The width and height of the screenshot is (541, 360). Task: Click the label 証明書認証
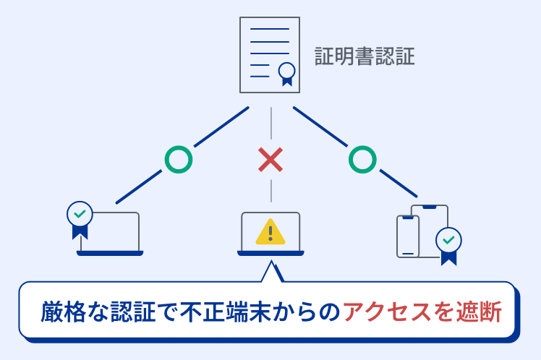click(365, 56)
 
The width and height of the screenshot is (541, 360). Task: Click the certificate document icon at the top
click(270, 55)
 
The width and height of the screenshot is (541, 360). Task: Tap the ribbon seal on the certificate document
click(287, 72)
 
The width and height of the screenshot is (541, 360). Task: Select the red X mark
click(270, 159)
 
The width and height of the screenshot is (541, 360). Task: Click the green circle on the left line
click(178, 159)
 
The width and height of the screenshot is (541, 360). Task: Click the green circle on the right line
click(362, 159)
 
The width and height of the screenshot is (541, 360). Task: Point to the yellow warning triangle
click(270, 231)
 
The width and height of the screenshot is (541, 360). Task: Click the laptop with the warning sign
click(270, 233)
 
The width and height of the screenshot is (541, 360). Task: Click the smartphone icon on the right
click(407, 236)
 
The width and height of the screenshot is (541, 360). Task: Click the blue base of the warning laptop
click(270, 253)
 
